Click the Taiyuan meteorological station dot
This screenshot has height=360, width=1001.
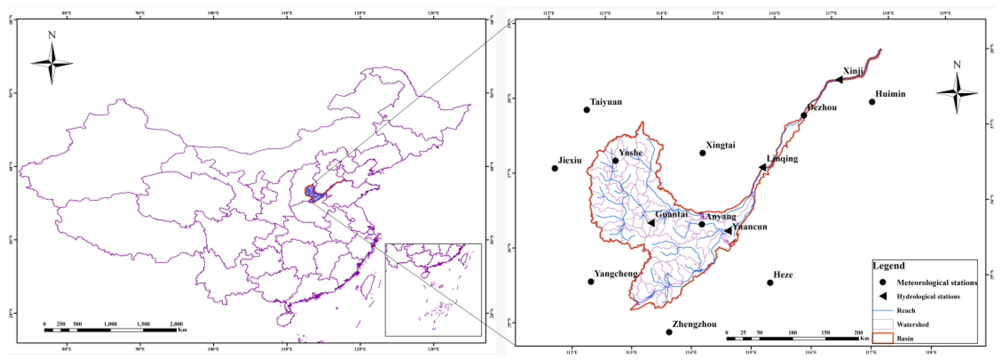pyautogui.click(x=587, y=110)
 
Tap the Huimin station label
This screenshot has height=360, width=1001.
pyautogui.click(x=890, y=94)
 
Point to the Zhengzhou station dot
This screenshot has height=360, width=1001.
pyautogui.click(x=669, y=332)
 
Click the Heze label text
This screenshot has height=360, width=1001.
pyautogui.click(x=783, y=275)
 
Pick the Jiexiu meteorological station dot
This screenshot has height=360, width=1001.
pyautogui.click(x=554, y=168)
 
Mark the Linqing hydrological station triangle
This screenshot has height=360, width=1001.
pyautogui.click(x=762, y=167)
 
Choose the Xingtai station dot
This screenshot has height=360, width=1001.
pyautogui.click(x=702, y=153)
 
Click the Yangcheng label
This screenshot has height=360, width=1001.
pyautogui.click(x=616, y=274)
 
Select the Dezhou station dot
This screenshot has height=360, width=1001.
pyautogui.click(x=804, y=115)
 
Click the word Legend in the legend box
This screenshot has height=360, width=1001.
pyautogui.click(x=889, y=266)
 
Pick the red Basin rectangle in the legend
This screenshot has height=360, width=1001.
pyautogui.click(x=883, y=338)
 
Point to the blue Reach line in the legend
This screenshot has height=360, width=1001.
pyautogui.click(x=883, y=310)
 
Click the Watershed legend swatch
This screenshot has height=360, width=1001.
pyautogui.click(x=883, y=324)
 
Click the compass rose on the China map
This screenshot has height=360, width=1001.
pyautogui.click(x=52, y=63)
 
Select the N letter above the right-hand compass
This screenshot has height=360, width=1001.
pyautogui.click(x=957, y=65)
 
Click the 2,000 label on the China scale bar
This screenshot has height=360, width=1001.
pyautogui.click(x=176, y=324)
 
